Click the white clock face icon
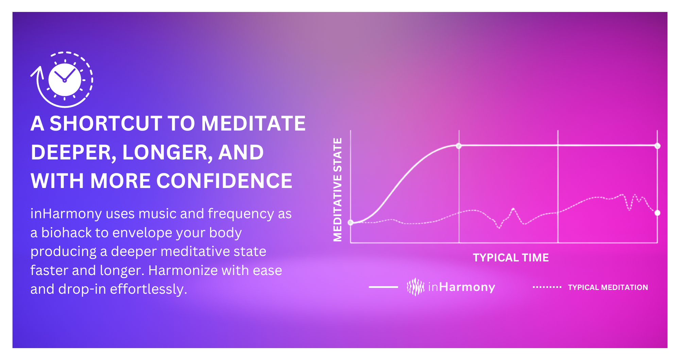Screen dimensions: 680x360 65,80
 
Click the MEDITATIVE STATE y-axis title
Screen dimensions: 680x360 337,190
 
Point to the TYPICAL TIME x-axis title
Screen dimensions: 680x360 511,258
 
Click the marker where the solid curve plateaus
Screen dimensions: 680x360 459,146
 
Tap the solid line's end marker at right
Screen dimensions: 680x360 658,146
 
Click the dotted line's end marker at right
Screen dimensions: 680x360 658,213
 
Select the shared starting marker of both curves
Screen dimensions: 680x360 351,222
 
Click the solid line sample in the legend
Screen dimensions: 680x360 383,287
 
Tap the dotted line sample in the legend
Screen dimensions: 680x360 547,287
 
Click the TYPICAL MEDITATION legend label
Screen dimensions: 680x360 608,288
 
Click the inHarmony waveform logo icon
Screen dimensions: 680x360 415,287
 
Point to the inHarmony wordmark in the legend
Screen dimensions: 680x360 461,287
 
